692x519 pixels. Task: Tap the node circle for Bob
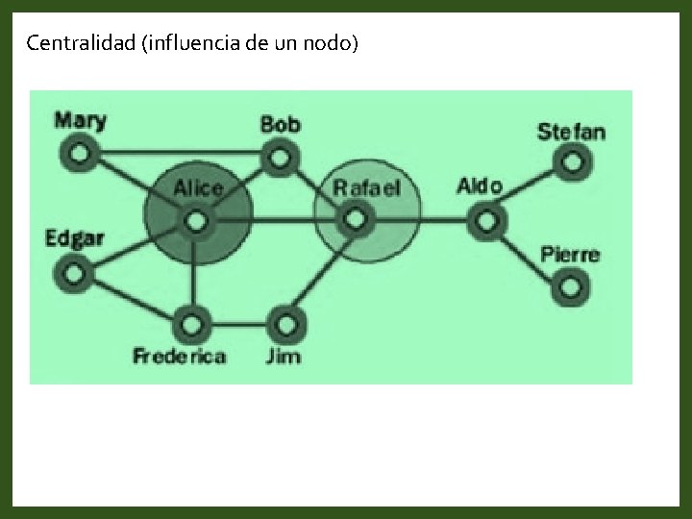click(x=279, y=155)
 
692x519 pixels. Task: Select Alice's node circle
click(x=196, y=222)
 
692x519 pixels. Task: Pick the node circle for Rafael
click(x=356, y=221)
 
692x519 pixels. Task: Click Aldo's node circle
click(x=486, y=221)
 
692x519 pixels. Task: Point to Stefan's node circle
click(x=572, y=161)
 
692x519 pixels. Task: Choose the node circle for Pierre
click(x=571, y=285)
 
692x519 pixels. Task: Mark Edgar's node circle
click(x=74, y=273)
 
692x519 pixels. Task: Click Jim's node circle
click(x=286, y=322)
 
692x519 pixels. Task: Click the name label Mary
click(x=80, y=121)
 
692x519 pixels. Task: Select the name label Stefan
click(x=571, y=132)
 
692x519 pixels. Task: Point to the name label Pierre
click(x=569, y=255)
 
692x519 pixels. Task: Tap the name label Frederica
click(x=180, y=357)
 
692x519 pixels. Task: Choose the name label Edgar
click(x=74, y=238)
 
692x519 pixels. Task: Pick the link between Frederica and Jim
click(x=240, y=322)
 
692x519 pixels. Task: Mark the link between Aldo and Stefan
click(x=529, y=190)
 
